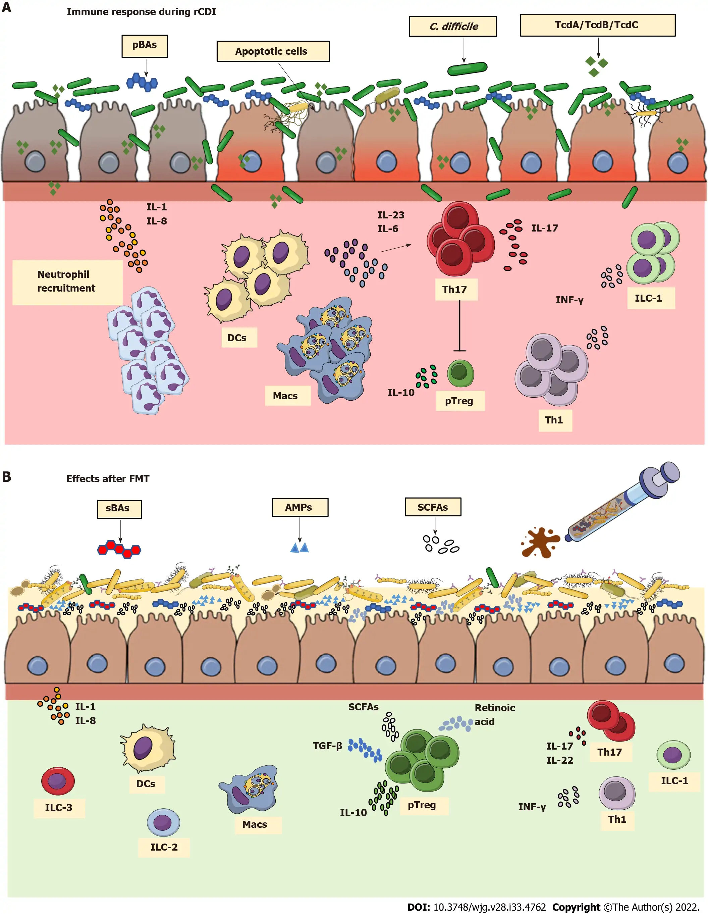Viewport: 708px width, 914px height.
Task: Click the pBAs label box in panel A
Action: (x=144, y=46)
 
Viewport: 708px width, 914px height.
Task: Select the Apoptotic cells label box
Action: (x=273, y=51)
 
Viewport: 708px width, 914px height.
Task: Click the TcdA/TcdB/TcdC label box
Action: (x=597, y=25)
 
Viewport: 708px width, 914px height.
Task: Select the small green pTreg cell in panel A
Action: (x=460, y=372)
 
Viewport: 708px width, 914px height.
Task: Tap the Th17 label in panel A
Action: (x=455, y=289)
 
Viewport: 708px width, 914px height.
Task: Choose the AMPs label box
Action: (x=299, y=507)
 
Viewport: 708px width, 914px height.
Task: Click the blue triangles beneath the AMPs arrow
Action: (x=299, y=547)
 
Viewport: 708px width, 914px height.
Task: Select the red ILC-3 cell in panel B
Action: (x=58, y=781)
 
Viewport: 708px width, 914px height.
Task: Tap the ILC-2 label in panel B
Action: (x=164, y=847)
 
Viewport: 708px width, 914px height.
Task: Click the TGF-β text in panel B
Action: (x=327, y=746)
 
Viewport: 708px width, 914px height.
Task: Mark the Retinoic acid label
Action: (x=494, y=714)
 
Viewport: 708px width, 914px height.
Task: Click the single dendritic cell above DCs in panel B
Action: (x=148, y=749)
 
